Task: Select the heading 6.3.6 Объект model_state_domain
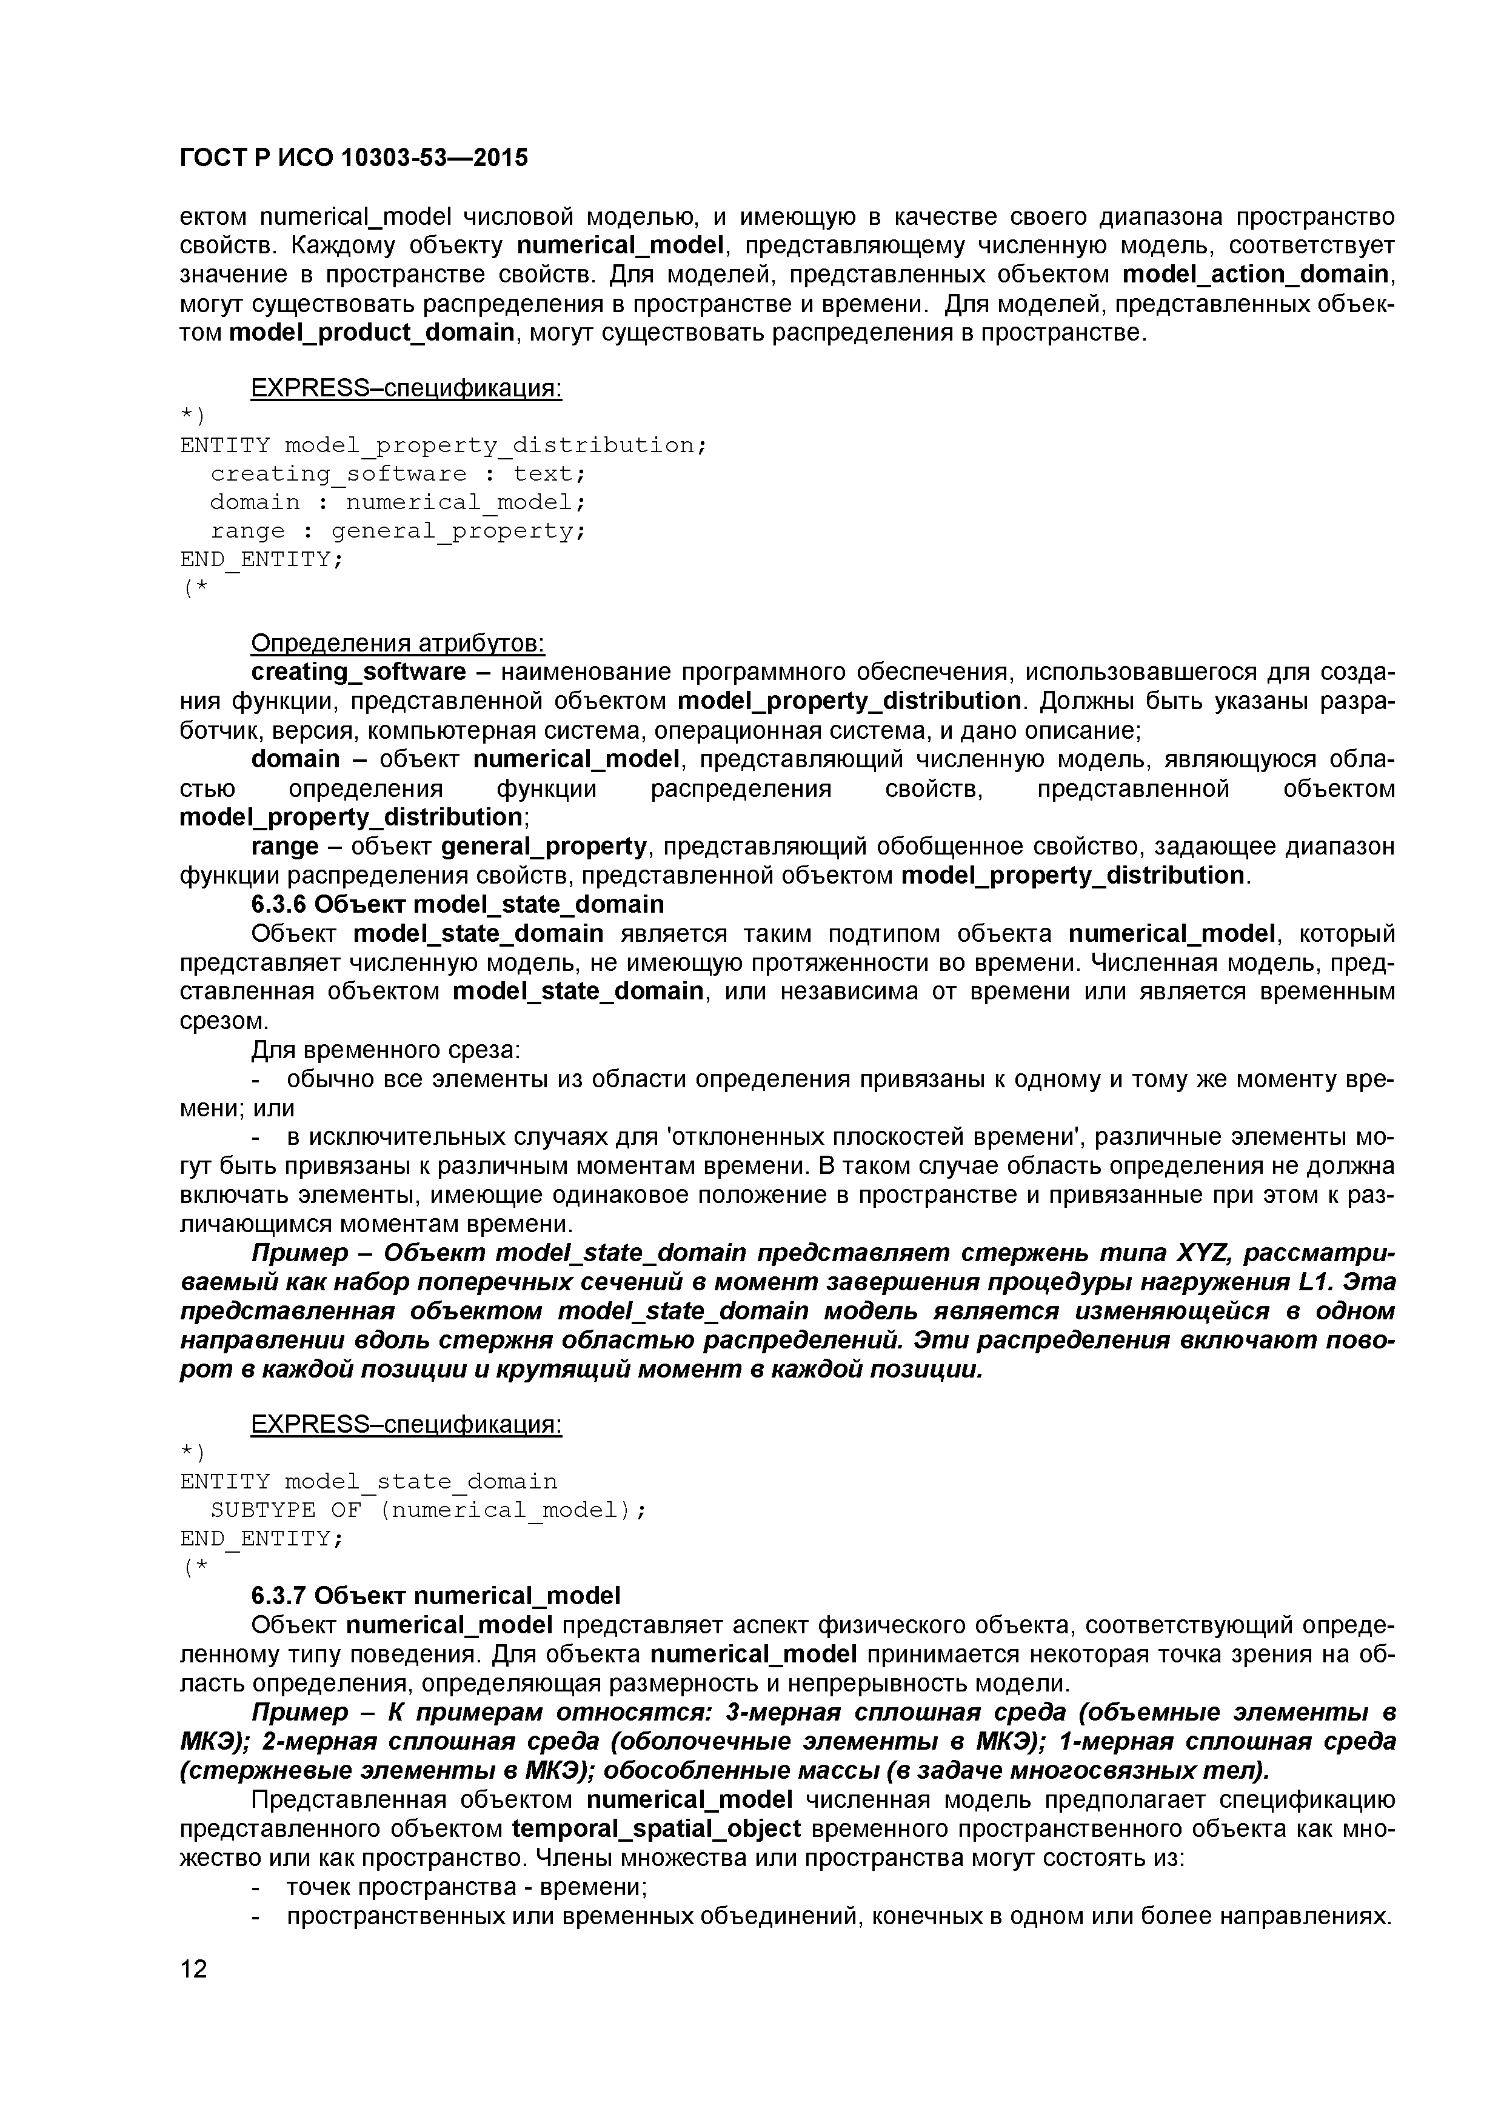coord(458,904)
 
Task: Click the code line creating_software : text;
coord(398,474)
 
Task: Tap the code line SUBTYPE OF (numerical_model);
coord(428,1510)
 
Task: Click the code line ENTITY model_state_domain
coord(369,1482)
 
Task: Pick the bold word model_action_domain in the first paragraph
coord(1256,275)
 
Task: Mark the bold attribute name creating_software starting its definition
coord(358,672)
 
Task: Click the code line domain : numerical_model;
coord(398,503)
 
